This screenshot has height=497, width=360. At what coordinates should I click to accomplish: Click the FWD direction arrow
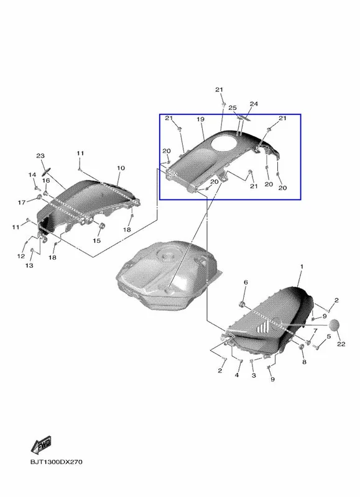point(41,445)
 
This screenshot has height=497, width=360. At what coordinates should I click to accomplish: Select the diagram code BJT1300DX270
point(56,462)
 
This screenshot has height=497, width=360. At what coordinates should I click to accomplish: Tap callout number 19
point(200,119)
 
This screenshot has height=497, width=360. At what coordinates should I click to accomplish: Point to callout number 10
point(121,168)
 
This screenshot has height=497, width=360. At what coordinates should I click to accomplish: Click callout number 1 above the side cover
point(302,267)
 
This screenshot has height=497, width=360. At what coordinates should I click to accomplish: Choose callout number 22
point(341,344)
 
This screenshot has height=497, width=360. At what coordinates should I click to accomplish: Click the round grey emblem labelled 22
point(335,326)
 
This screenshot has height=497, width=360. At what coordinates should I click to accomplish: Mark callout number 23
point(40,156)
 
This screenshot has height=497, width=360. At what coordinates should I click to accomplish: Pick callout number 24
point(254,104)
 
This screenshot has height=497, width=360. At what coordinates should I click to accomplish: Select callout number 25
point(233,107)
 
